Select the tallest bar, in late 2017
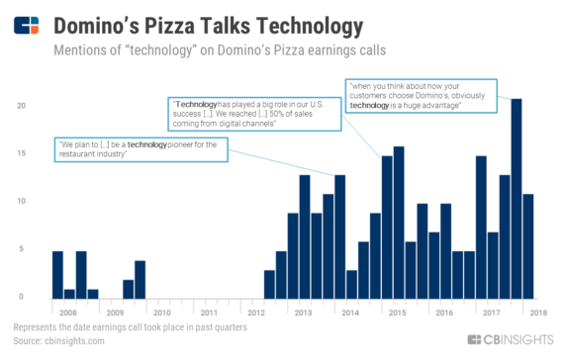(516, 198)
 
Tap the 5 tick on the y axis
(35, 249)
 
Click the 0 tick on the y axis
(35, 297)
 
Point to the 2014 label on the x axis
(350, 312)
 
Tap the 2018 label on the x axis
(538, 312)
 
